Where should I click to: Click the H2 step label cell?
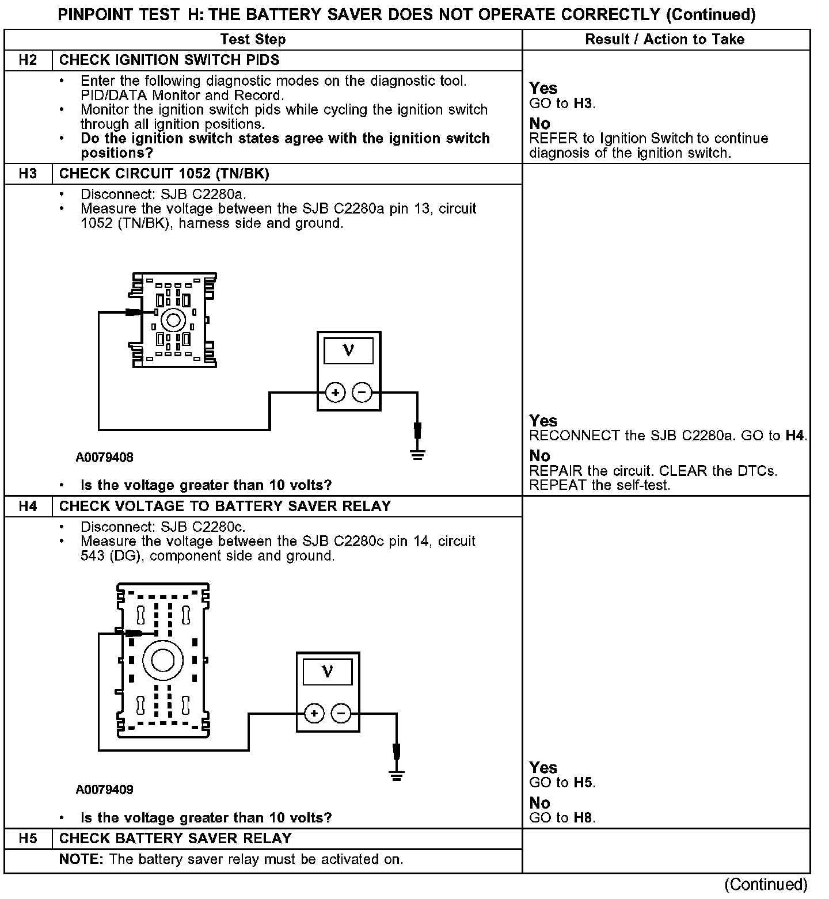pyautogui.click(x=28, y=60)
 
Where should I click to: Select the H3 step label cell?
pyautogui.click(x=28, y=173)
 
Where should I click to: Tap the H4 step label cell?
pyautogui.click(x=28, y=506)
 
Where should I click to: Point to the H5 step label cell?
pyautogui.click(x=28, y=838)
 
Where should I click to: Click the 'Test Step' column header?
pyautogui.click(x=253, y=39)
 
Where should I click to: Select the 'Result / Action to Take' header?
pyautogui.click(x=665, y=39)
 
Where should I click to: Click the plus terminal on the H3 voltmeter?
pyautogui.click(x=335, y=393)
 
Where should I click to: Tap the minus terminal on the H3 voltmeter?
pyautogui.click(x=362, y=393)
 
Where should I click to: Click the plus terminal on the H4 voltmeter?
pyautogui.click(x=314, y=714)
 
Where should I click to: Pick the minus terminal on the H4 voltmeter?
pyautogui.click(x=341, y=714)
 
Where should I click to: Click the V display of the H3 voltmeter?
pyautogui.click(x=348, y=350)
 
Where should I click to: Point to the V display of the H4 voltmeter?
pyautogui.click(x=328, y=671)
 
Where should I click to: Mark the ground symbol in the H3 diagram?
pyautogui.click(x=418, y=455)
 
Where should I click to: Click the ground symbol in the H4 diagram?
pyautogui.click(x=397, y=776)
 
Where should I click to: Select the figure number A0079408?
pyautogui.click(x=104, y=458)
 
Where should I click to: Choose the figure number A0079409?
pyautogui.click(x=104, y=790)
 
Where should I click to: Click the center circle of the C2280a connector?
pyautogui.click(x=173, y=320)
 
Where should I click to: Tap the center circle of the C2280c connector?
pyautogui.click(x=163, y=661)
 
